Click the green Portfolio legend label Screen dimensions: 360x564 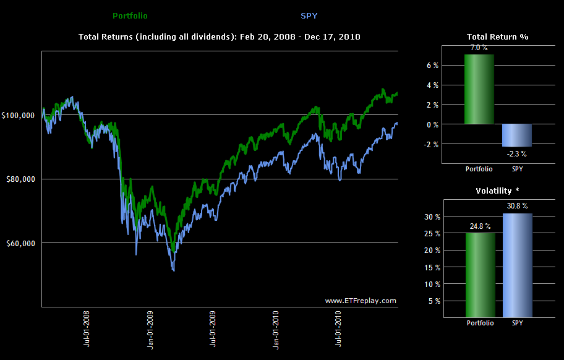pyautogui.click(x=130, y=15)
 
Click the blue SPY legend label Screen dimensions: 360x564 pyautogui.click(x=309, y=15)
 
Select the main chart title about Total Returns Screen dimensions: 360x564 pyautogui.click(x=220, y=37)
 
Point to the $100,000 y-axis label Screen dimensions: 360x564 pyautogui.click(x=20, y=115)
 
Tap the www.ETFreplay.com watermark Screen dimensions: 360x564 pyautogui.click(x=361, y=301)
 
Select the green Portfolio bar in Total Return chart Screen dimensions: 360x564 pyautogui.click(x=479, y=89)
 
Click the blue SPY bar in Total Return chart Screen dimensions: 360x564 pyautogui.click(x=517, y=135)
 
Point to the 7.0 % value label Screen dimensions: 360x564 pyautogui.click(x=480, y=48)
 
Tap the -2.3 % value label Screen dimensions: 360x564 pyautogui.click(x=517, y=153)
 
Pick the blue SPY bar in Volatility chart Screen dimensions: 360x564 pyautogui.click(x=517, y=265)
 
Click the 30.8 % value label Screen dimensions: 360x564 pyautogui.click(x=518, y=206)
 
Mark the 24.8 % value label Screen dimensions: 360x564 pyautogui.click(x=480, y=226)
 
